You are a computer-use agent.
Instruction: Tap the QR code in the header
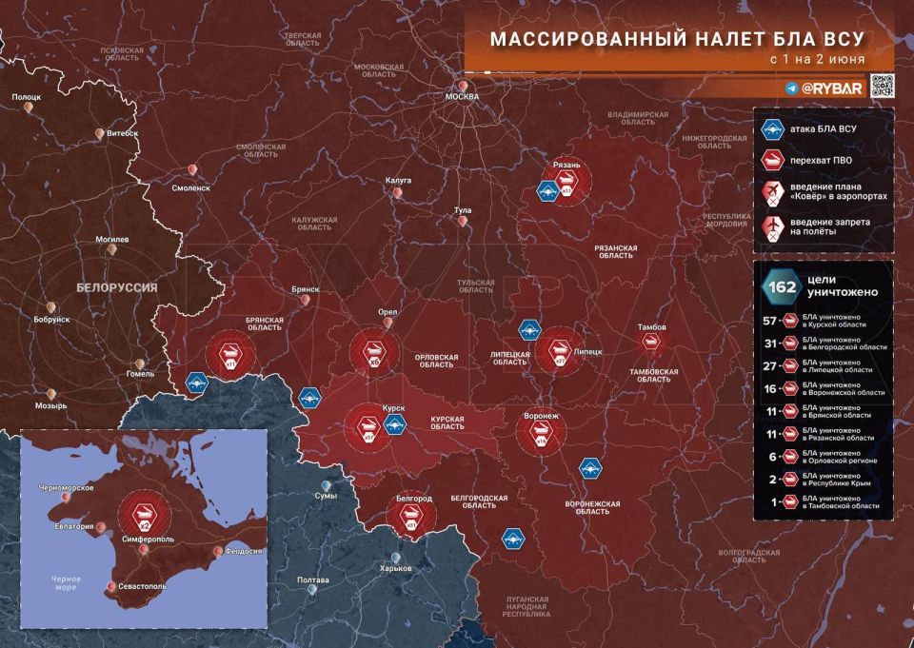[x=882, y=87]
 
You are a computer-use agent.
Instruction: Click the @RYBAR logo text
[x=831, y=88]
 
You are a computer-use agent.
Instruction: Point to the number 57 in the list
[x=771, y=323]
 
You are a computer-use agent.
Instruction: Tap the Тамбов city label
[x=652, y=328]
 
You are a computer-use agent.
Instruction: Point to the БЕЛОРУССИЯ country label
[x=116, y=286]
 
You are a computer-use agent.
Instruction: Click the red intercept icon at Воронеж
[x=540, y=434]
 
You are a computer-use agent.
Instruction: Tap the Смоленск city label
[x=191, y=187]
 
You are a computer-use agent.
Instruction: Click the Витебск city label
[x=122, y=134]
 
